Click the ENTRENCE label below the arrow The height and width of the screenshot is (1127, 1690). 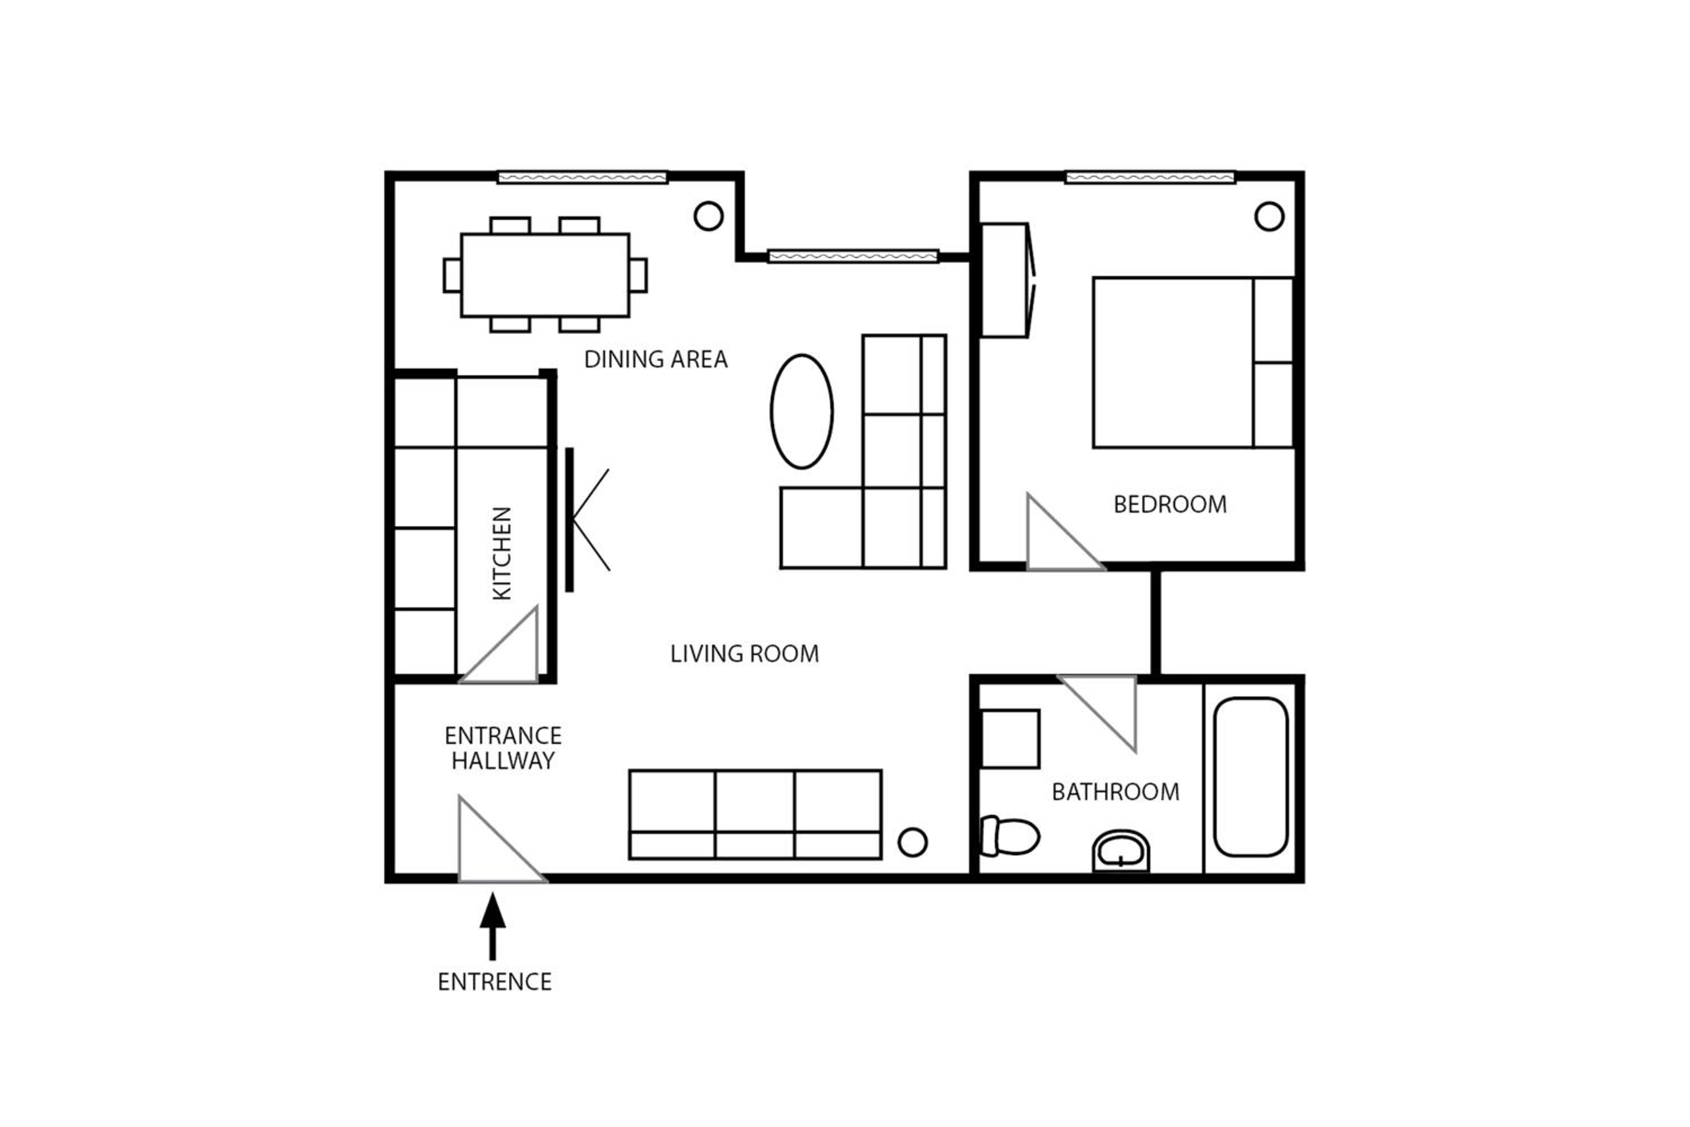pos(495,982)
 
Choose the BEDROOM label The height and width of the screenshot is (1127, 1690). pos(1170,504)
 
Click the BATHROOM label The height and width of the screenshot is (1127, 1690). pos(1115,792)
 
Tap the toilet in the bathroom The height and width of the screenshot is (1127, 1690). pos(1009,836)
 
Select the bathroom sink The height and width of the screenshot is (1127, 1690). pos(1121,851)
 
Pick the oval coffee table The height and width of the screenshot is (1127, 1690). pos(802,412)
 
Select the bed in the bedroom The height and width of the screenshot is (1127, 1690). pos(1193,363)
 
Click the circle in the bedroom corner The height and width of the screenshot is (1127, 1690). pos(1269,216)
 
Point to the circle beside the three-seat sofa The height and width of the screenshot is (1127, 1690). pos(913,842)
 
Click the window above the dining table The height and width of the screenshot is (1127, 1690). pos(582,178)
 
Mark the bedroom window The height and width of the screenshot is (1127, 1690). pos(1150,178)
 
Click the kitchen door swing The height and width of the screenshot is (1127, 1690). pos(499,645)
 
